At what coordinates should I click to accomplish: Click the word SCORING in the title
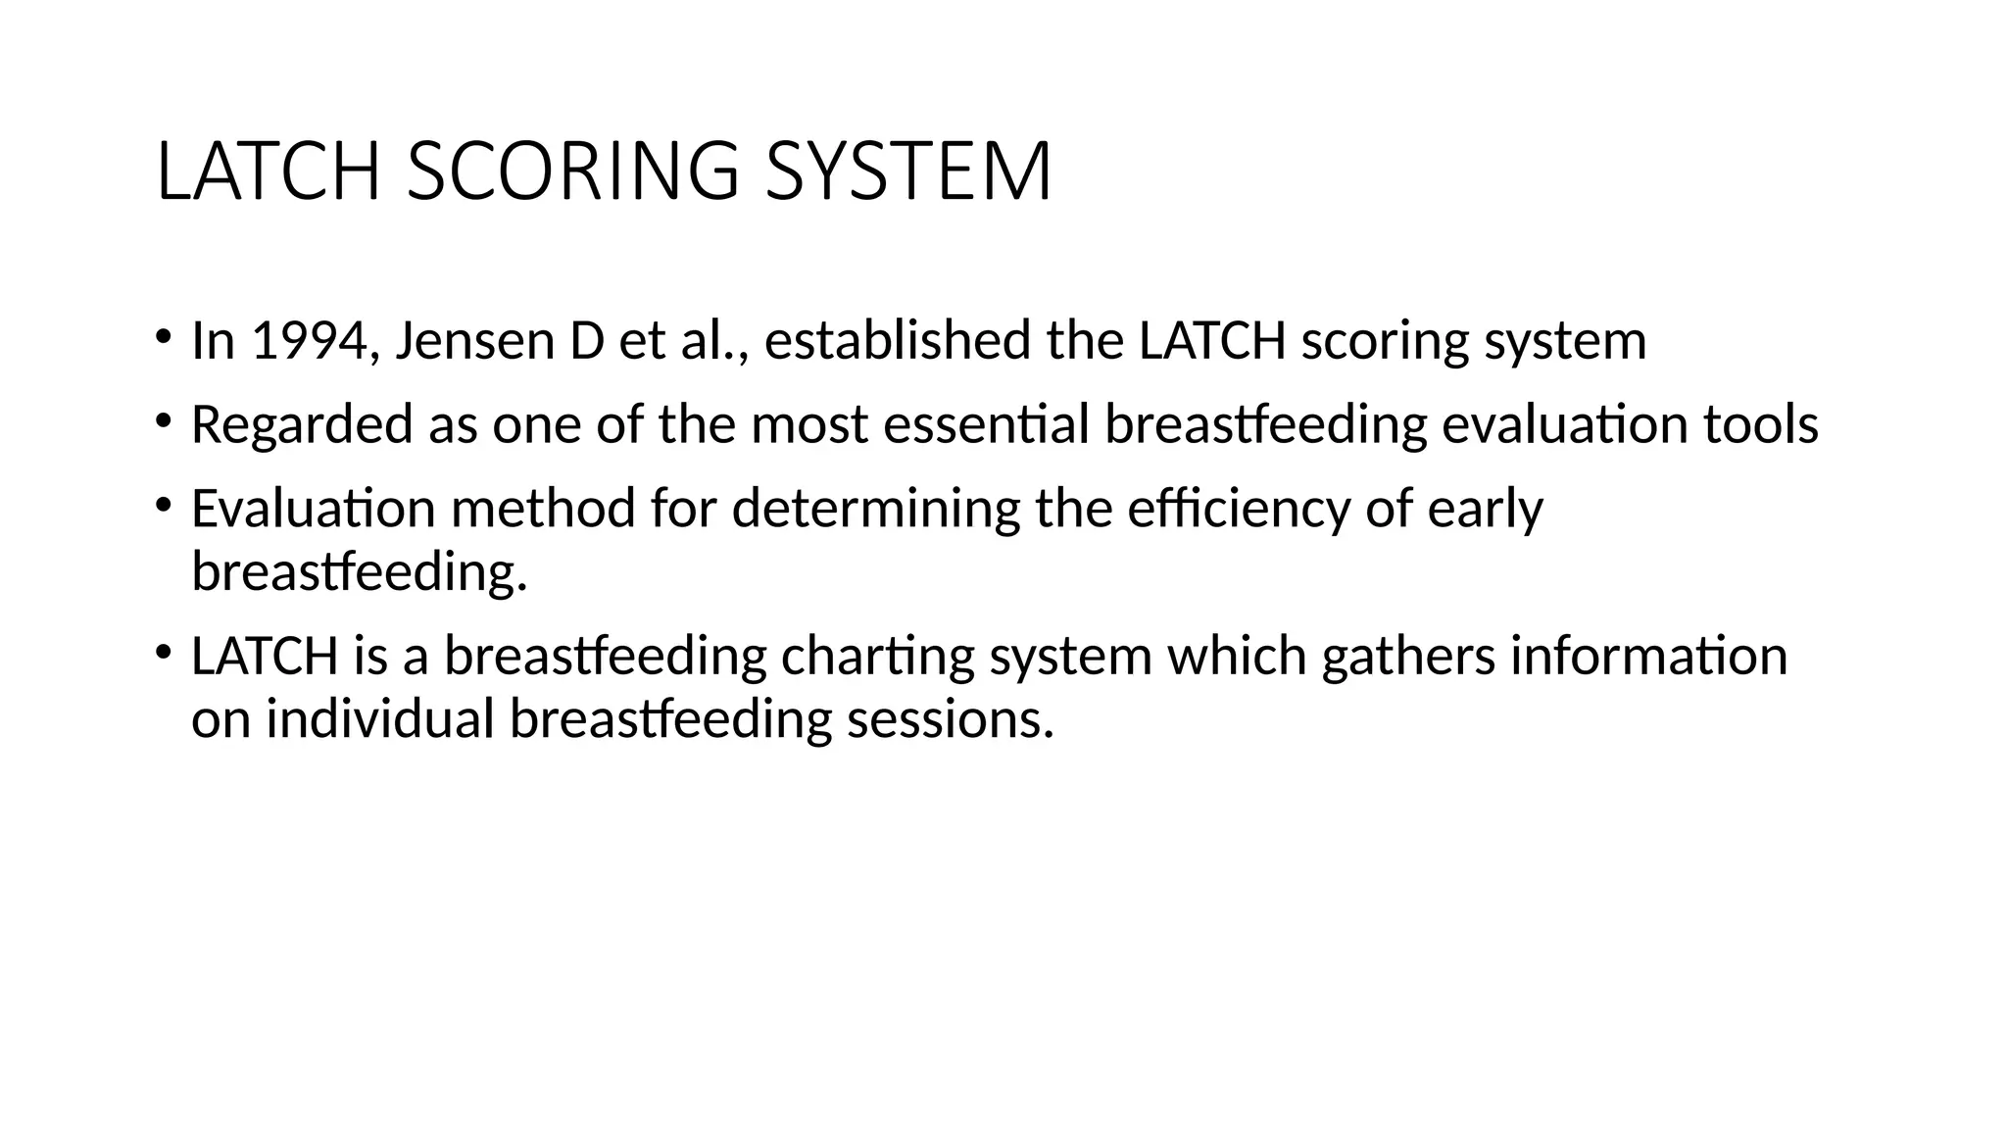click(572, 172)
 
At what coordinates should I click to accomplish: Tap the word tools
click(1760, 425)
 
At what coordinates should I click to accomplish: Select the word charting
click(877, 657)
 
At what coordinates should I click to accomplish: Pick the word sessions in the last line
click(950, 719)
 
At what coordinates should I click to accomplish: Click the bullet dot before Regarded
click(162, 421)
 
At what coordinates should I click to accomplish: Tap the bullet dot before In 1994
click(162, 337)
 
